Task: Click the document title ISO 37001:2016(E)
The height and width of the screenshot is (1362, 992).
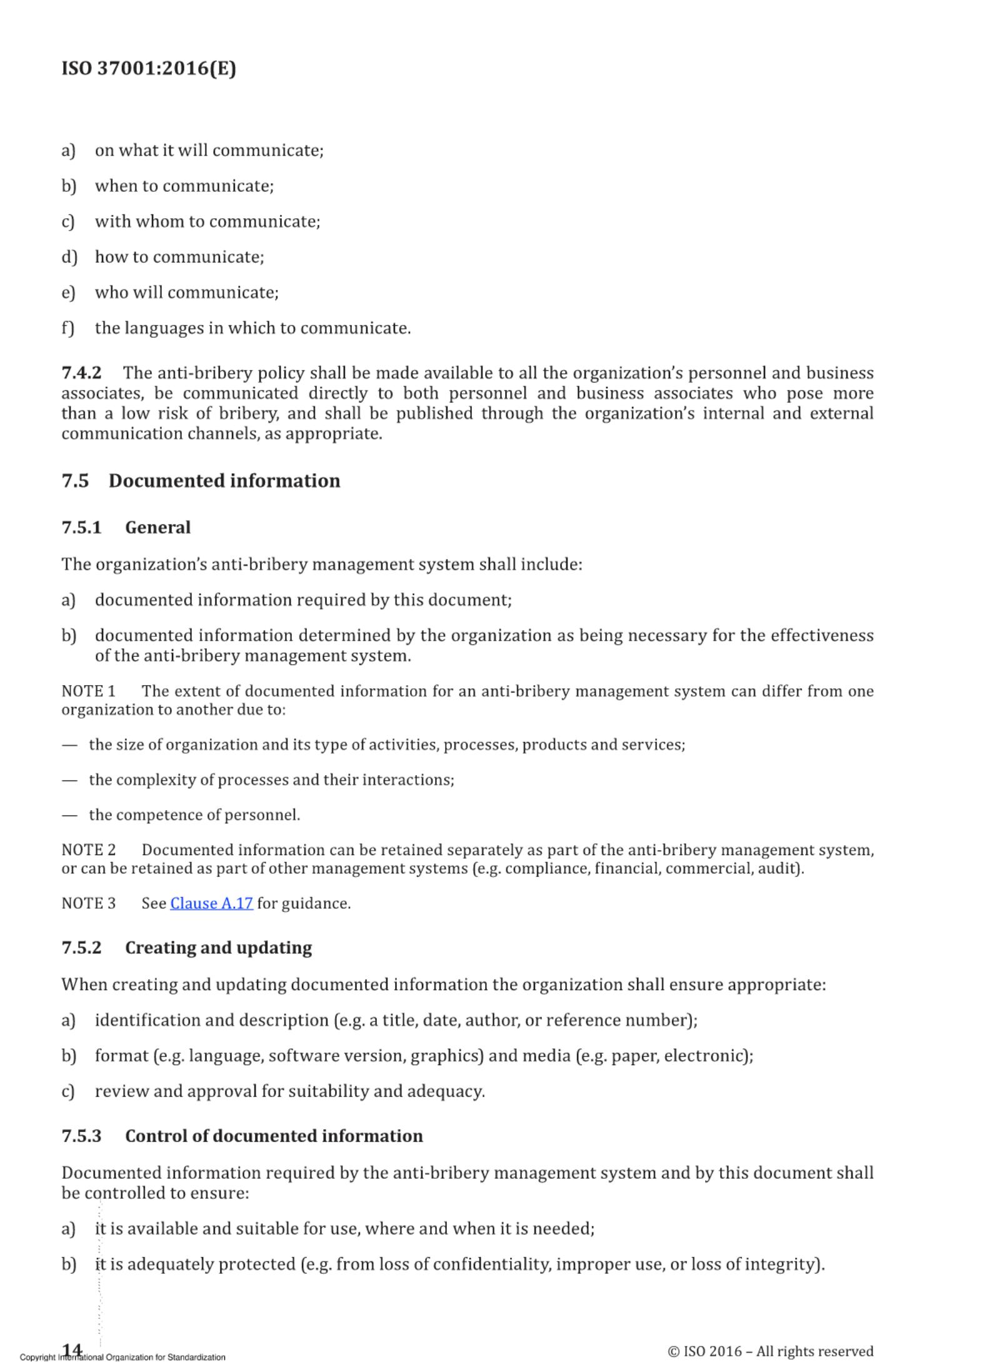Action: [149, 68]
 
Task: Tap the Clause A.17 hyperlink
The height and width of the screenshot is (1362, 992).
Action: [211, 903]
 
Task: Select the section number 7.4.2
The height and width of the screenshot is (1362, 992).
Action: [81, 373]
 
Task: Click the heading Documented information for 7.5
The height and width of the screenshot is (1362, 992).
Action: [224, 481]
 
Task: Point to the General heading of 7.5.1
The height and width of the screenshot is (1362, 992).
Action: [158, 528]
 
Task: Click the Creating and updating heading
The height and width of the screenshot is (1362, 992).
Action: [218, 948]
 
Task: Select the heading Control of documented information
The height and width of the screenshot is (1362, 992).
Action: [274, 1136]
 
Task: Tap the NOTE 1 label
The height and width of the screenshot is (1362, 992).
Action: [88, 691]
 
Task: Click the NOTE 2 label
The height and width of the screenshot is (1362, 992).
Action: [88, 850]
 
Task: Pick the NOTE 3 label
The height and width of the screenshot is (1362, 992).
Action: [88, 903]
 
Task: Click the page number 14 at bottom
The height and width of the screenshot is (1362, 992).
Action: [73, 1349]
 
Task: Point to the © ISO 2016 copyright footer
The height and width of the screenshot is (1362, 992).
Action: [770, 1351]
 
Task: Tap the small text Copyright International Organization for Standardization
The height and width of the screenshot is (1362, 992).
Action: [123, 1357]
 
